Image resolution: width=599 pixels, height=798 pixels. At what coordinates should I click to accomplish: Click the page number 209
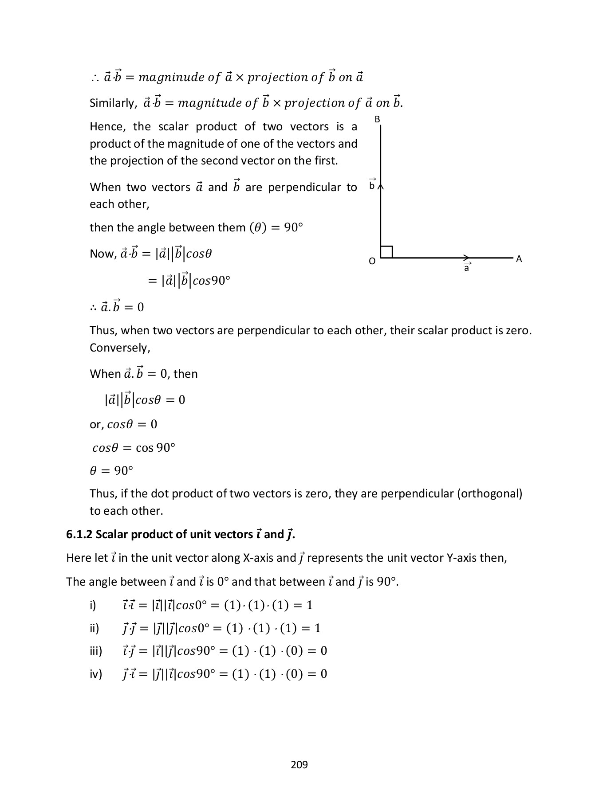click(x=299, y=764)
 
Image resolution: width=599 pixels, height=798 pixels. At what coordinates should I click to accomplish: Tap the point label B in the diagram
click(x=377, y=119)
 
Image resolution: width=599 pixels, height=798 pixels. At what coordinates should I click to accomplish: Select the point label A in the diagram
click(x=519, y=259)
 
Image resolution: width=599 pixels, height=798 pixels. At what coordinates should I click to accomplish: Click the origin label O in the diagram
click(x=372, y=261)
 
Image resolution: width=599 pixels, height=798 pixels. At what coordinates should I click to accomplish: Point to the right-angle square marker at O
click(x=386, y=252)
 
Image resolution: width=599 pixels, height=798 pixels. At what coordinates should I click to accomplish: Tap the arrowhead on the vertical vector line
click(x=381, y=186)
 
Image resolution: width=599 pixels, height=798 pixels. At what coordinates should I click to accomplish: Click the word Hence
click(x=104, y=127)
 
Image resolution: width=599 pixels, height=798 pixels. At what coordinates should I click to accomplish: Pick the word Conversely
click(x=120, y=348)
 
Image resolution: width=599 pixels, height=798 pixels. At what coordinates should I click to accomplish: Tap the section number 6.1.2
click(x=79, y=535)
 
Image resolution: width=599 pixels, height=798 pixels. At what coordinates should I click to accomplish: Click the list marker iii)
click(x=96, y=651)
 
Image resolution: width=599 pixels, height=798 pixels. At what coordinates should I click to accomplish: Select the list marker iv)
click(x=96, y=674)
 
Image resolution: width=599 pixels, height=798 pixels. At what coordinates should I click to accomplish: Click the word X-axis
click(x=259, y=558)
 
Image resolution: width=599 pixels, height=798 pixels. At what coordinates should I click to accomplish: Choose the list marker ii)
click(x=95, y=628)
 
